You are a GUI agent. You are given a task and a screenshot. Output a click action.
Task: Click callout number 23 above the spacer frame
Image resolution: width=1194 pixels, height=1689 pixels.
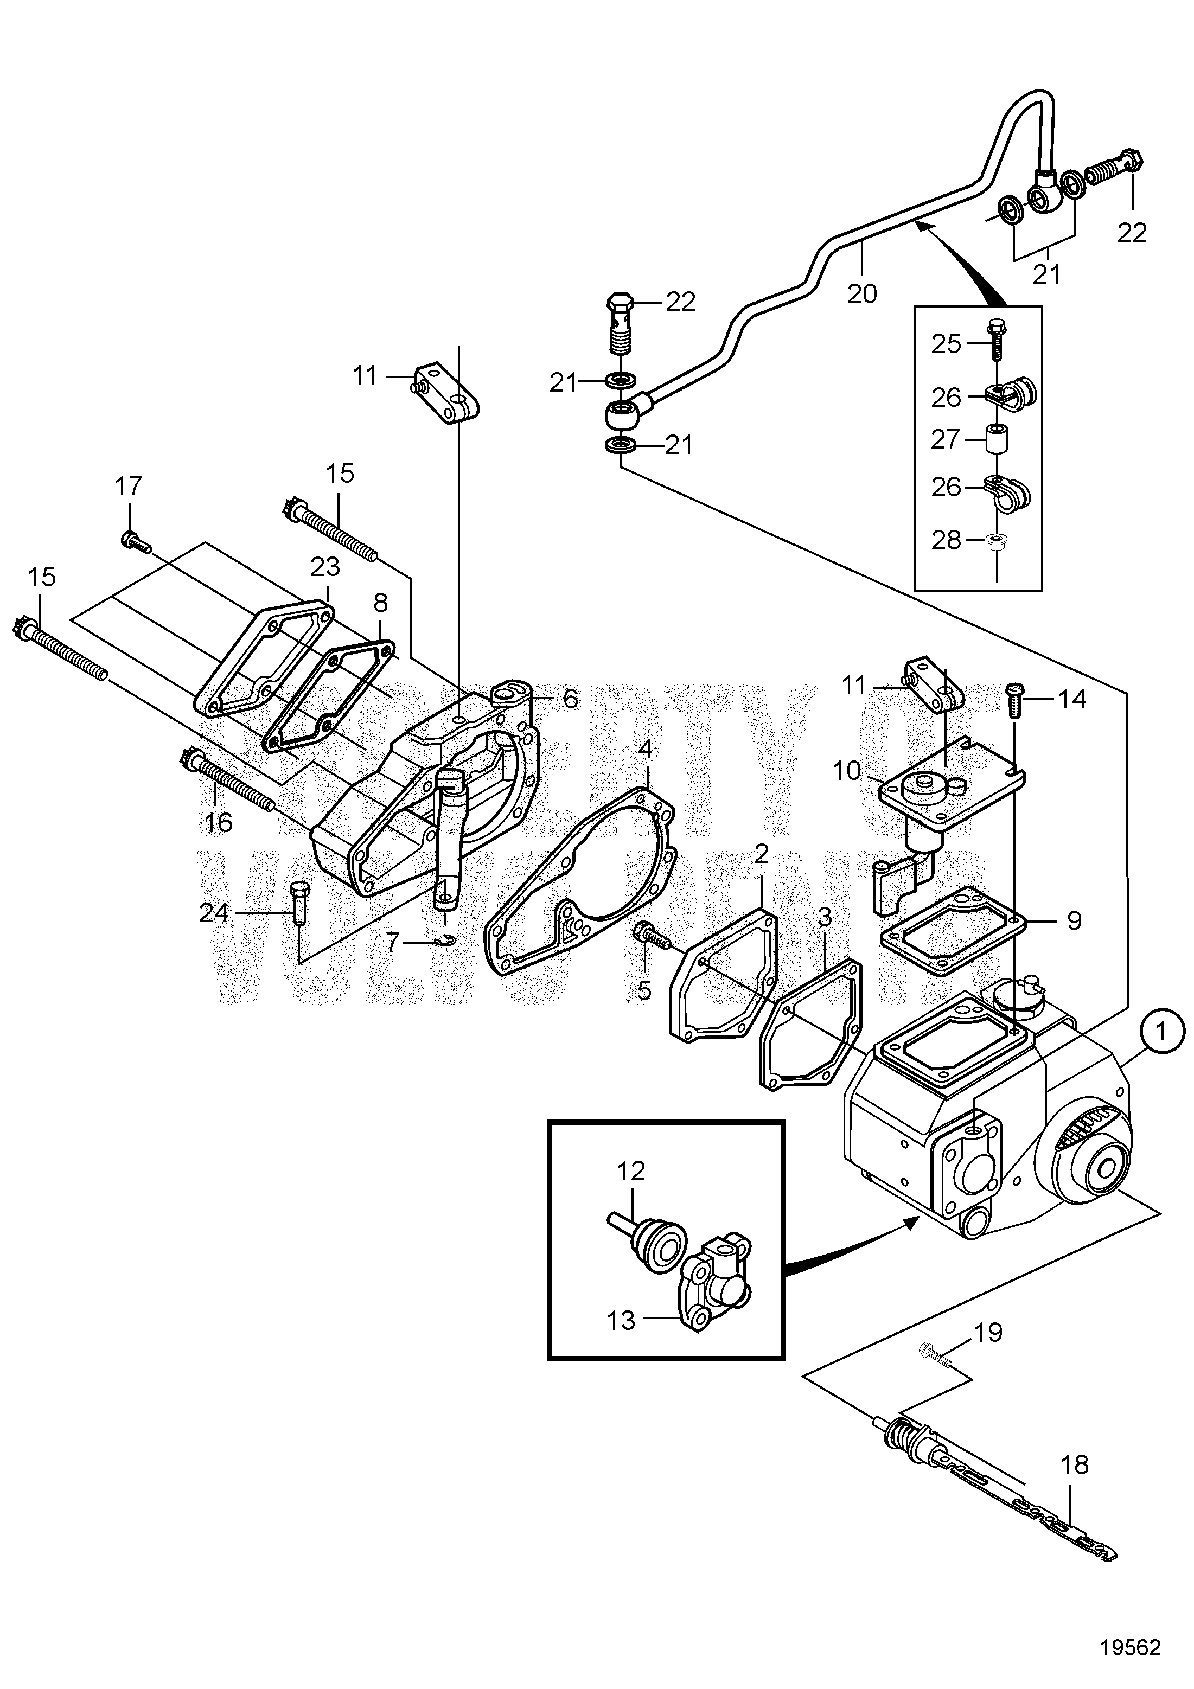click(324, 566)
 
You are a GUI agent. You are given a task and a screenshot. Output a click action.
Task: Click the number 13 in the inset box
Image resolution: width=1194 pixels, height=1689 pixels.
click(622, 1321)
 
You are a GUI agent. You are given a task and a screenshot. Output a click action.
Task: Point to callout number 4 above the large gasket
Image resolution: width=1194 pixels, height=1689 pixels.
click(645, 750)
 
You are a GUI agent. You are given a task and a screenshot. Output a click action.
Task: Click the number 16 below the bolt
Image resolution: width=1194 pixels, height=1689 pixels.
click(218, 822)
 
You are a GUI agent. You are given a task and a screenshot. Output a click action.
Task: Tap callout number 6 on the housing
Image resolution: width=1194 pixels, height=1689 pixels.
click(571, 699)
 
